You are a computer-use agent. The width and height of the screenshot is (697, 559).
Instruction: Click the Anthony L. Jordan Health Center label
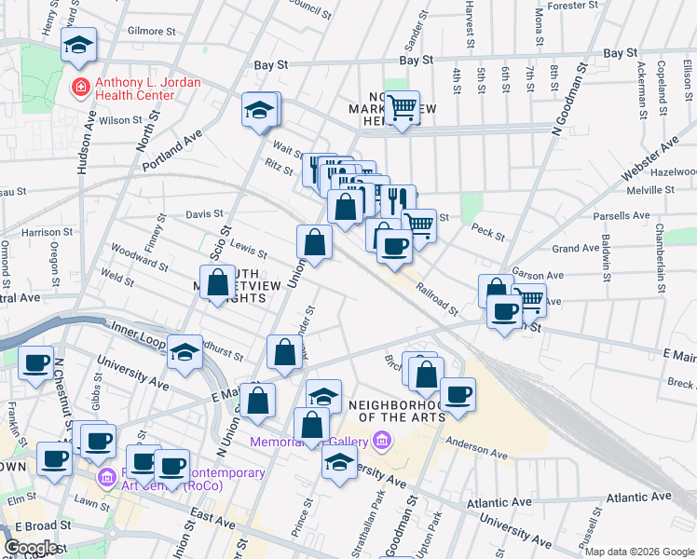(x=135, y=89)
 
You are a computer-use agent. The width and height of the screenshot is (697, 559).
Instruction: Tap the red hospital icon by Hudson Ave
(x=80, y=87)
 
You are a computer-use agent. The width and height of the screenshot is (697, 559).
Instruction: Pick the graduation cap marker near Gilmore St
(x=79, y=44)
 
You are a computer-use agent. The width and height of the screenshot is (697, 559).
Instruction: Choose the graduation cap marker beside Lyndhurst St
(x=185, y=352)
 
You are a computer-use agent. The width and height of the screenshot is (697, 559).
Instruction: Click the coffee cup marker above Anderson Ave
(x=458, y=394)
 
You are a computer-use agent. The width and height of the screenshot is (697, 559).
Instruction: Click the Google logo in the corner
(x=31, y=548)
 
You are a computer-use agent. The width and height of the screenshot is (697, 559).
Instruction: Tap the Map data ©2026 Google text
(x=639, y=552)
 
